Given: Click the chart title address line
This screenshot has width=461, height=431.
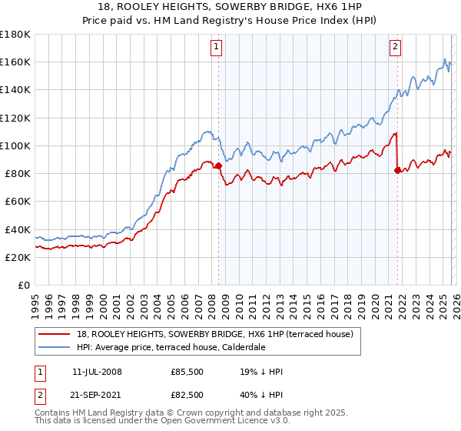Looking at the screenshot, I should click(x=230, y=7).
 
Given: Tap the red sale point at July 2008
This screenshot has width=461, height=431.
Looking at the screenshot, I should click(x=218, y=165).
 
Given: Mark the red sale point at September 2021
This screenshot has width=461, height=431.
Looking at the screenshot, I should click(x=397, y=170).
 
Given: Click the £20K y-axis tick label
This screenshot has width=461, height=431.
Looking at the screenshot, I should click(x=18, y=257).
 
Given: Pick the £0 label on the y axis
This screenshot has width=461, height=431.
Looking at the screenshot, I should click(x=25, y=286).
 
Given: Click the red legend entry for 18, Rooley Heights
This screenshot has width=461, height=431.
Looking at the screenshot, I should click(x=214, y=334).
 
